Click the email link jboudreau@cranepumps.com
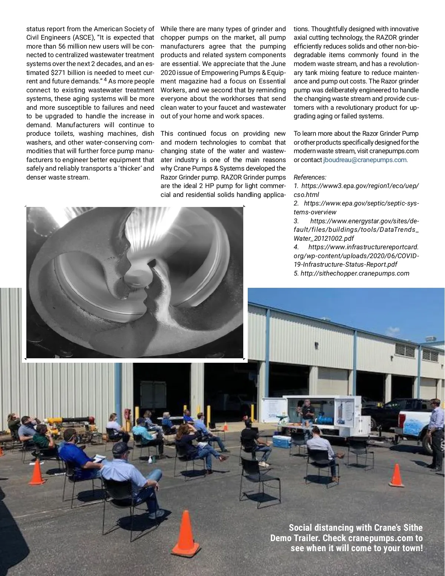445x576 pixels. (x=365, y=160)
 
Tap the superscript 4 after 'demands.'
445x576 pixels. (x=105, y=79)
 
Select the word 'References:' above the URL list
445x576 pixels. (x=310, y=177)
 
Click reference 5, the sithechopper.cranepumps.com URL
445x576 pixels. (x=351, y=273)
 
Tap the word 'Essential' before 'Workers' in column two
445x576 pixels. (x=272, y=81)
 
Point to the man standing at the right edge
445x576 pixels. (x=436, y=434)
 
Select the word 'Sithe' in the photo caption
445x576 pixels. (x=411, y=527)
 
